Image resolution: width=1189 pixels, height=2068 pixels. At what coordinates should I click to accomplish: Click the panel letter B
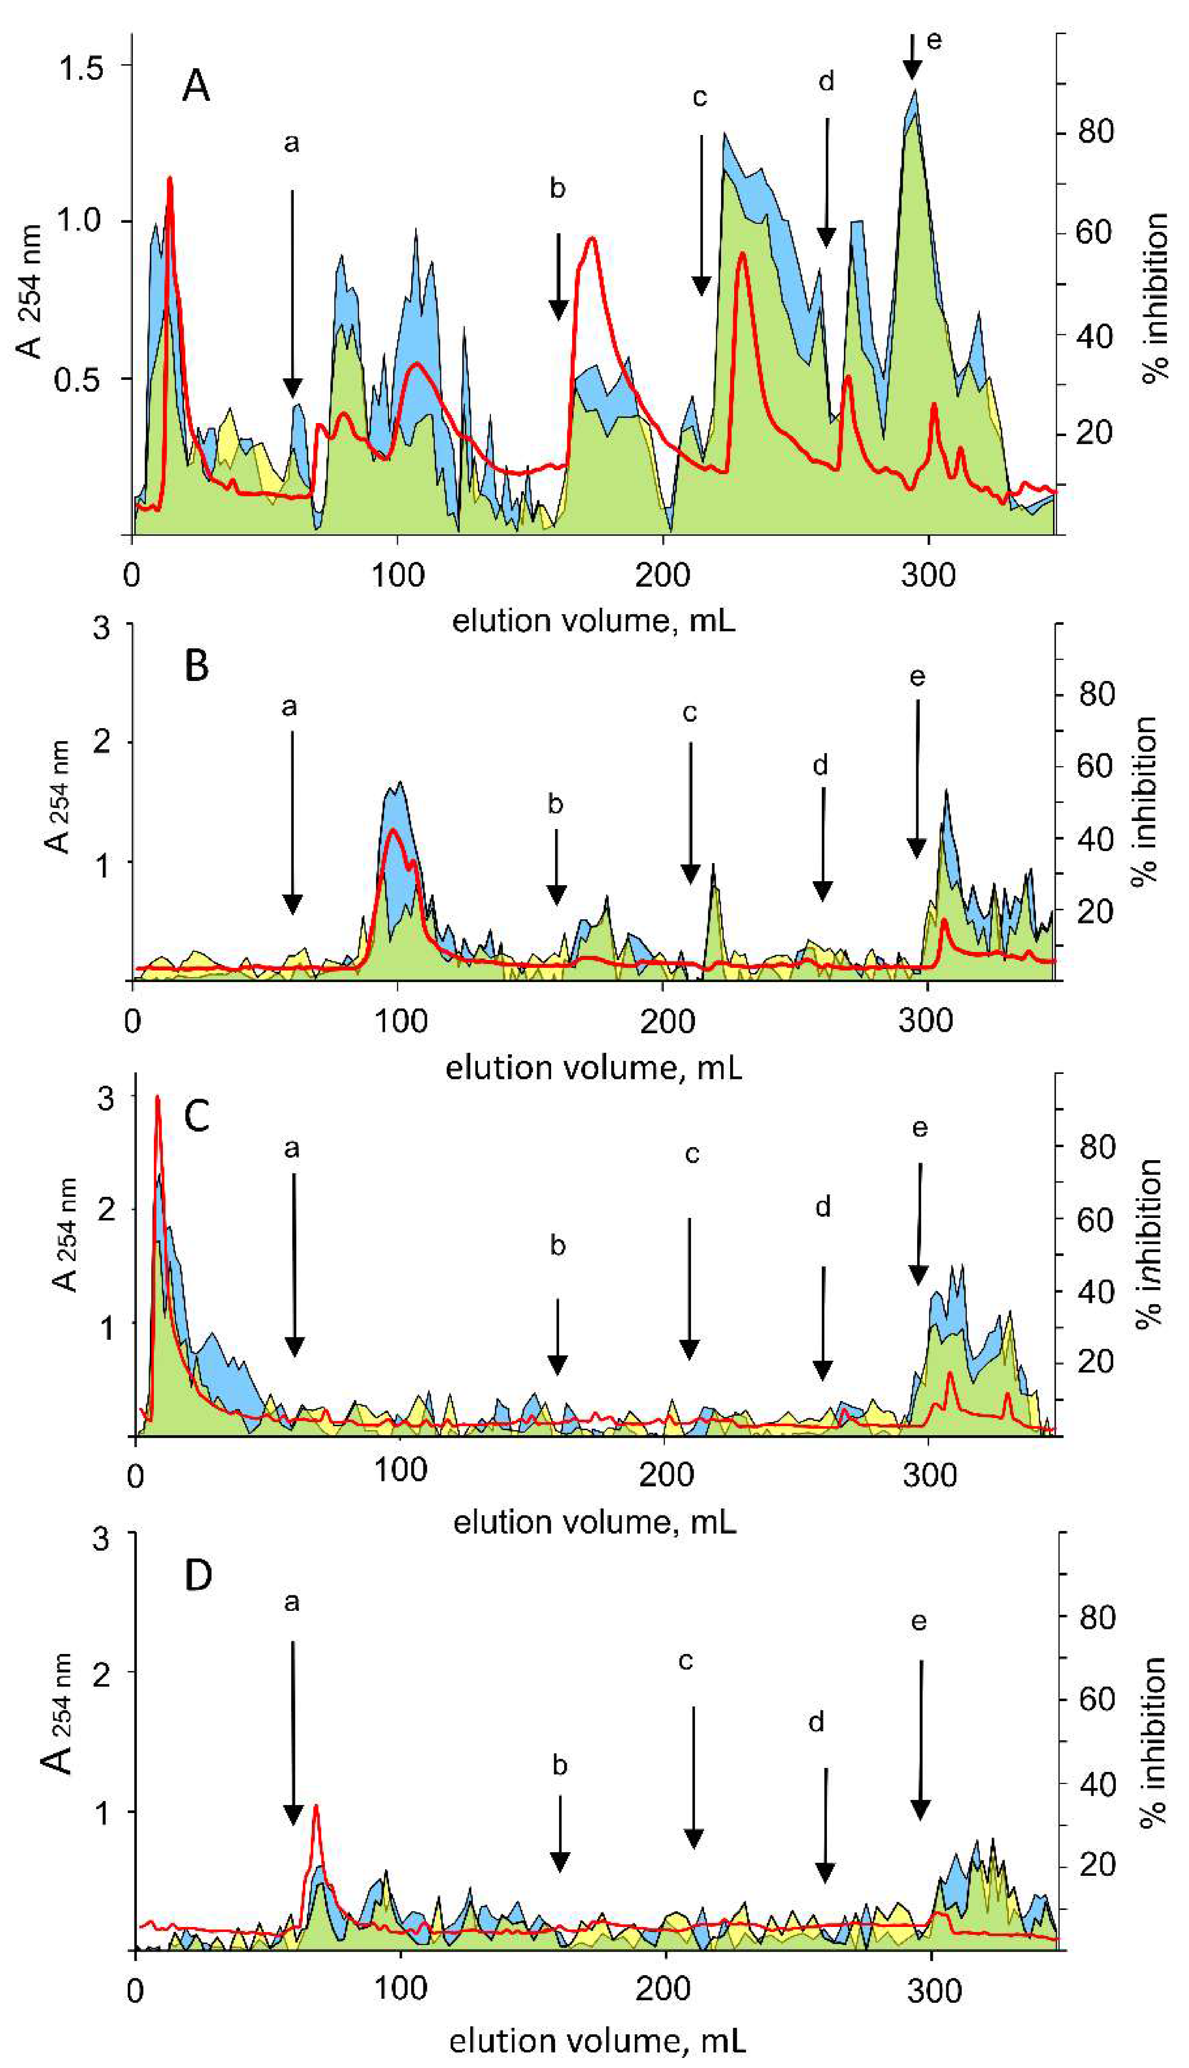click(197, 666)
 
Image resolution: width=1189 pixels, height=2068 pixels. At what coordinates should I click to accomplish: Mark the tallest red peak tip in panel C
click(157, 1099)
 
